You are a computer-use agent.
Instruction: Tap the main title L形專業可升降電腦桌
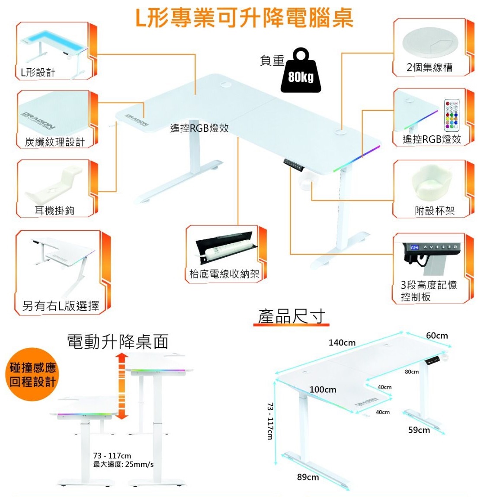[x=244, y=18]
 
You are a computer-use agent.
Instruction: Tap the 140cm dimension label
[x=342, y=343]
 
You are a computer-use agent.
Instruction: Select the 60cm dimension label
[x=437, y=336]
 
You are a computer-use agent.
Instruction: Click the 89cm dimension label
[x=308, y=477]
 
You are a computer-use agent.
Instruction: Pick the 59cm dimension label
[x=419, y=430]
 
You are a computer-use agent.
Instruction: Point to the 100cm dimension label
[x=323, y=389]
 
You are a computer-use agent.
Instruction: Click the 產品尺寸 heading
[x=292, y=316]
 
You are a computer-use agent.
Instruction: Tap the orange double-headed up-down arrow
[x=122, y=386]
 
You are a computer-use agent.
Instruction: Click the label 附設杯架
[x=434, y=211]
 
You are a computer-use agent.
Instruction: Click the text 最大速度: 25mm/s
[x=123, y=465]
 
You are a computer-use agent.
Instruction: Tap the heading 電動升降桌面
[x=117, y=342]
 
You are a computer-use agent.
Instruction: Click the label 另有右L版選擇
[x=61, y=306]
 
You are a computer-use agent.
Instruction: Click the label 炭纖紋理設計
[x=54, y=142]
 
